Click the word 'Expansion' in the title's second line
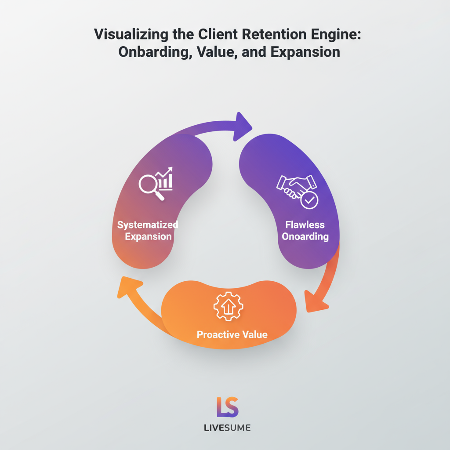tap(305, 52)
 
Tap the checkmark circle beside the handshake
tap(309, 200)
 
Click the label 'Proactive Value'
tap(232, 335)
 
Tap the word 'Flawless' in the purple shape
tap(305, 225)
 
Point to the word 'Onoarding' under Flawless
tap(305, 237)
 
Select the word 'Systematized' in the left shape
tap(148, 225)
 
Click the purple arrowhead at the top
tap(243, 127)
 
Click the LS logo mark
tap(227, 407)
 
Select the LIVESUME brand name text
tap(227, 428)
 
